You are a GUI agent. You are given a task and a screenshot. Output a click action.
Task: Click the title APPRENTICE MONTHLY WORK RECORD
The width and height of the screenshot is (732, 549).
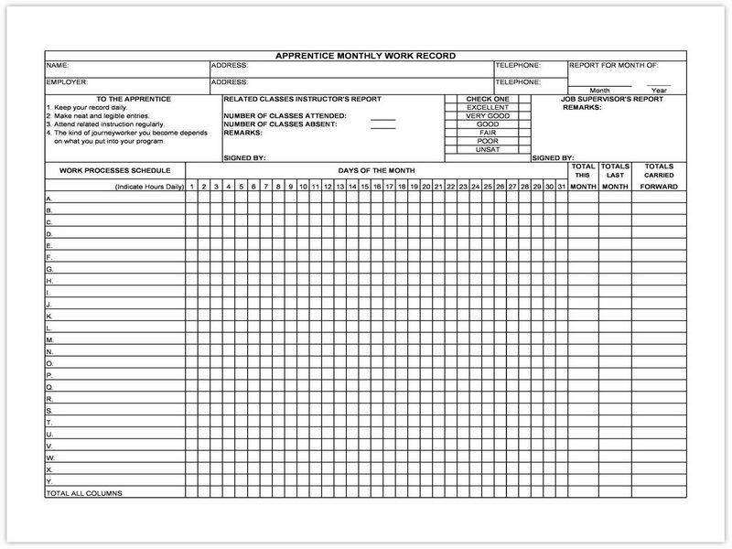click(366, 56)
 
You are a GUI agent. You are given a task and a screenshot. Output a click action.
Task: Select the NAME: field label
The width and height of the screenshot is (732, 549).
click(57, 66)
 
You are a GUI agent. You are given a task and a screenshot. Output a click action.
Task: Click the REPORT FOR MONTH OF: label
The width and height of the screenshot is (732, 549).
click(613, 66)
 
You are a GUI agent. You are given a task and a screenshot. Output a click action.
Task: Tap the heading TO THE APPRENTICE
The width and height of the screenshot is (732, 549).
click(127, 98)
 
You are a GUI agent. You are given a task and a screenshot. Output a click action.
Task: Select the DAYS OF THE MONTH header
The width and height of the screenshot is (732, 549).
click(376, 169)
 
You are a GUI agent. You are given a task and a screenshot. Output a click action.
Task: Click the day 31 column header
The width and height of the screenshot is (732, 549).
click(561, 187)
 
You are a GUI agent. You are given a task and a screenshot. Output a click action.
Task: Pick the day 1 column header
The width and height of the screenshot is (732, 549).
click(192, 187)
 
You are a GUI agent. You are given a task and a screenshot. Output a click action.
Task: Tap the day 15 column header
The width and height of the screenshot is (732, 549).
click(364, 187)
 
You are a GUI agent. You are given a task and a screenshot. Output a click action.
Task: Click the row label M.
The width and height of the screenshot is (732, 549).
click(49, 339)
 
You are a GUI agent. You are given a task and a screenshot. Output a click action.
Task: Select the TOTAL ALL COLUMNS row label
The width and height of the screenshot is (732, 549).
click(84, 493)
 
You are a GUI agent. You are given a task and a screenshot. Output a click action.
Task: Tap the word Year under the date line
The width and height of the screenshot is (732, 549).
click(659, 91)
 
